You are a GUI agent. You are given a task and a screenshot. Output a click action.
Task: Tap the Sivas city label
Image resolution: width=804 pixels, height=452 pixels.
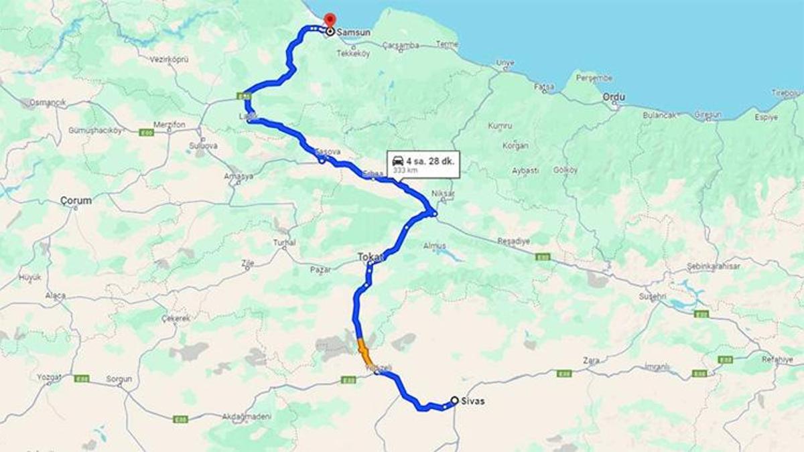[473, 401]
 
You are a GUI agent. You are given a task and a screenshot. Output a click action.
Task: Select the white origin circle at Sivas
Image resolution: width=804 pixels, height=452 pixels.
[455, 400]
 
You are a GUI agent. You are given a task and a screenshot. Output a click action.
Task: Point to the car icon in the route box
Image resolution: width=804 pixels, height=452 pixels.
[397, 161]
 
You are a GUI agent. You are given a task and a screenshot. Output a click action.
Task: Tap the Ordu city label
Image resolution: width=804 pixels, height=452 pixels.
[614, 97]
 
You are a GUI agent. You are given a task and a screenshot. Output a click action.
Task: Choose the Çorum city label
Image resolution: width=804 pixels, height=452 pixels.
[76, 200]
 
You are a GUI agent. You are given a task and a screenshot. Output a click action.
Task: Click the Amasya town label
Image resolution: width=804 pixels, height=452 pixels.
[239, 176]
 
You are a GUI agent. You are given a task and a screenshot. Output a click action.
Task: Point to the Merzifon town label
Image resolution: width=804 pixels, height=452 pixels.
[168, 125]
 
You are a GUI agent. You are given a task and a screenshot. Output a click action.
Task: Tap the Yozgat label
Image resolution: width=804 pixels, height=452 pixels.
[49, 377]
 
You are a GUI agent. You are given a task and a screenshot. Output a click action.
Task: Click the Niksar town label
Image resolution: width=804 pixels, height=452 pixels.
[444, 194]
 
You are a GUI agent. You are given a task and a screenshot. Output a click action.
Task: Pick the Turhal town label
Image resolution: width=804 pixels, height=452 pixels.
[284, 242]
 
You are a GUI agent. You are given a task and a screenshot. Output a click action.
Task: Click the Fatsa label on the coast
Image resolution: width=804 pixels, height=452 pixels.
[544, 86]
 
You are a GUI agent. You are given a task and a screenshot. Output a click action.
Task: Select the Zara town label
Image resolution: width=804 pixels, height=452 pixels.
[591, 360]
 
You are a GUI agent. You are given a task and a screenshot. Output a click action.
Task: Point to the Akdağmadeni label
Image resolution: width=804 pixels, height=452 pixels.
[248, 417]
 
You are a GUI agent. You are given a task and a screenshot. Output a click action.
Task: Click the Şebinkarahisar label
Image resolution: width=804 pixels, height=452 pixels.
[714, 267]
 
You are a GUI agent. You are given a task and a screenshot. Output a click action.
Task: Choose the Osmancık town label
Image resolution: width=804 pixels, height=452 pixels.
[48, 102]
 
